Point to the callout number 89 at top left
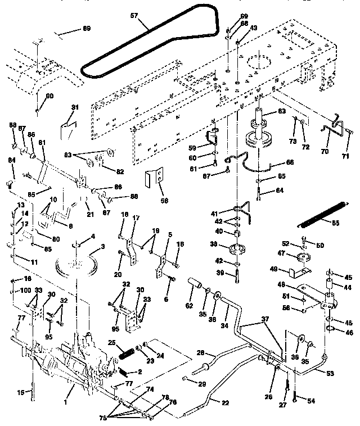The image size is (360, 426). pyautogui.click(x=86, y=28)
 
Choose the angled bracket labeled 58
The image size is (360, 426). pyautogui.click(x=155, y=178)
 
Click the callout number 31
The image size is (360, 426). pyautogui.click(x=75, y=108)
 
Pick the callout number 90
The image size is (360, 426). pyautogui.click(x=49, y=96)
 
